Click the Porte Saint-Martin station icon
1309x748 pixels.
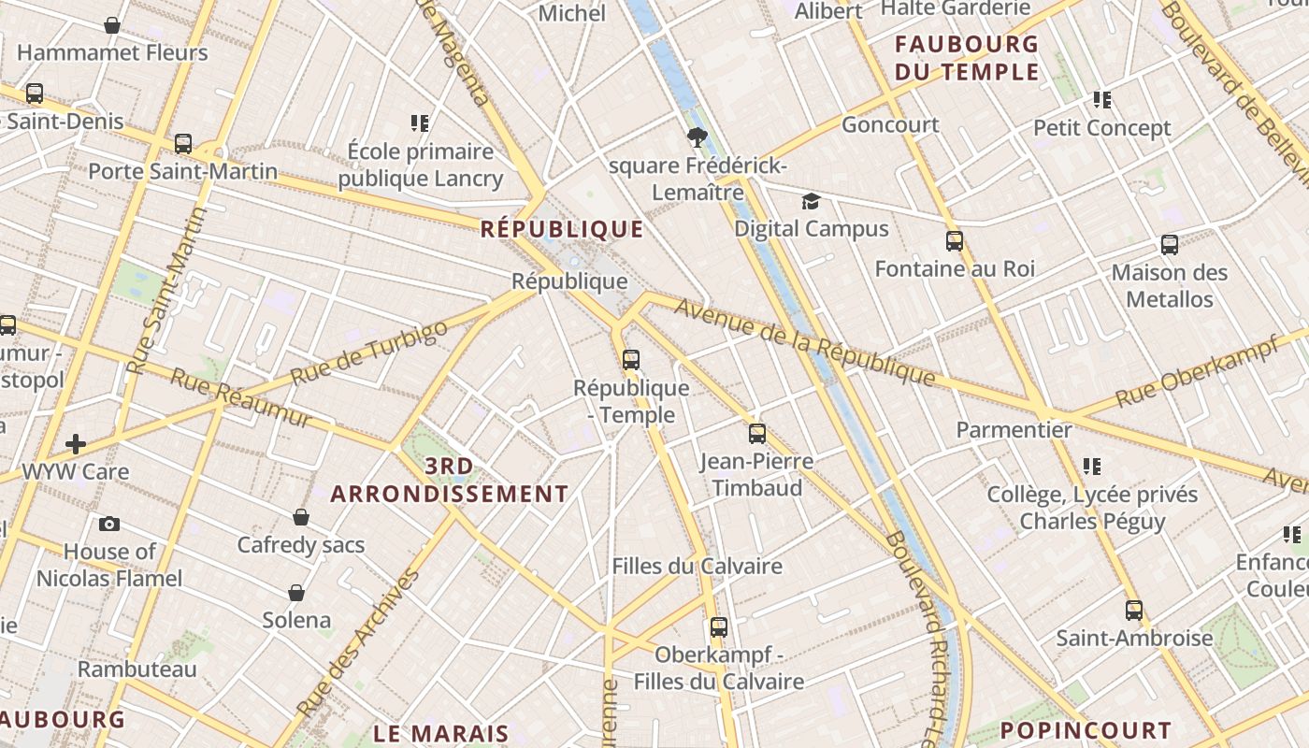point(183,144)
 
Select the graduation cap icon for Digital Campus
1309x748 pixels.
point(811,201)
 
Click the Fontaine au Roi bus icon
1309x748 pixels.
point(954,241)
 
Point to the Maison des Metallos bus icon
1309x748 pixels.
point(1169,245)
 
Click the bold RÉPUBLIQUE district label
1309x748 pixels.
point(562,229)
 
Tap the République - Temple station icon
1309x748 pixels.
point(631,360)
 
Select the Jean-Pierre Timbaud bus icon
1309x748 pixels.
point(756,434)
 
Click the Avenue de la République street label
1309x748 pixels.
point(804,342)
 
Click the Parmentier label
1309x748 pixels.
point(1014,430)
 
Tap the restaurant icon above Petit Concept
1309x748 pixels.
point(1102,99)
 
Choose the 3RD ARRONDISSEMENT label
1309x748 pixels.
point(450,480)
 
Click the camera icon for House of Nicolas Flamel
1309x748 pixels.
point(109,524)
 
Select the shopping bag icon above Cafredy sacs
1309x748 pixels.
point(301,517)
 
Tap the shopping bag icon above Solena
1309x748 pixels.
point(296,593)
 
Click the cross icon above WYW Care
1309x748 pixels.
point(76,443)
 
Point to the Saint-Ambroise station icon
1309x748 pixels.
point(1134,611)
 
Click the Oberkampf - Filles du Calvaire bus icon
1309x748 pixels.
point(718,627)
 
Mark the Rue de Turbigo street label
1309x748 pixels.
point(368,353)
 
